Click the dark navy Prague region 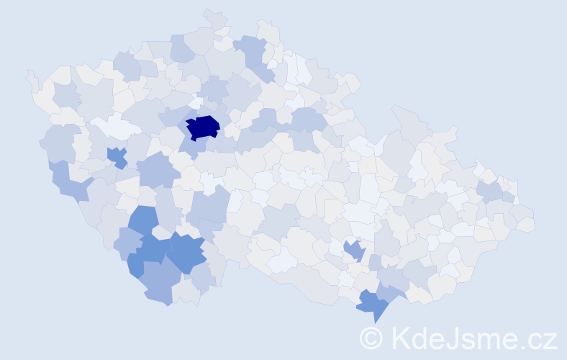(x=202, y=127)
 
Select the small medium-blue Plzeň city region (x=117, y=156)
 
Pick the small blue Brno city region (x=353, y=250)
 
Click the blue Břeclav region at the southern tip (x=373, y=304)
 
